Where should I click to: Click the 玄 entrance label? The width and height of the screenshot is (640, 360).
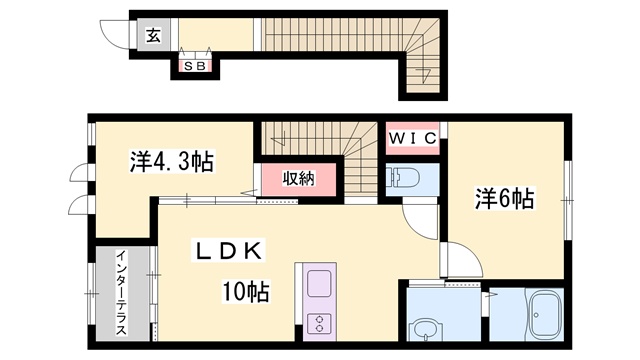tap(153, 36)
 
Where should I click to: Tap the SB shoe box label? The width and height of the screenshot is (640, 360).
tap(195, 66)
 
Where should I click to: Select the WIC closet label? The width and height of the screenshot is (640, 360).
tap(412, 138)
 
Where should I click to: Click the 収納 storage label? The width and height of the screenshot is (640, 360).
tap(299, 178)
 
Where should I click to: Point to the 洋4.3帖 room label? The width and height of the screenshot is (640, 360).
tap(172, 162)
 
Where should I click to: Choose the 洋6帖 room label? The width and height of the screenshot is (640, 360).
tap(504, 199)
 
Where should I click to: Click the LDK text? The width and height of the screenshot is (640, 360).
tap(228, 251)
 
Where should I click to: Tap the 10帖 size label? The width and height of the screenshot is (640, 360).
tap(245, 292)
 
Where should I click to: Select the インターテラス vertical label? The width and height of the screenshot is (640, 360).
tap(121, 292)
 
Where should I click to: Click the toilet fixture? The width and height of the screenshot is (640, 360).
tap(403, 178)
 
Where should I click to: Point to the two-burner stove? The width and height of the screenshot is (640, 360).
tap(319, 322)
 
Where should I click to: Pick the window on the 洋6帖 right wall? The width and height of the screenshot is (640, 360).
tap(567, 200)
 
